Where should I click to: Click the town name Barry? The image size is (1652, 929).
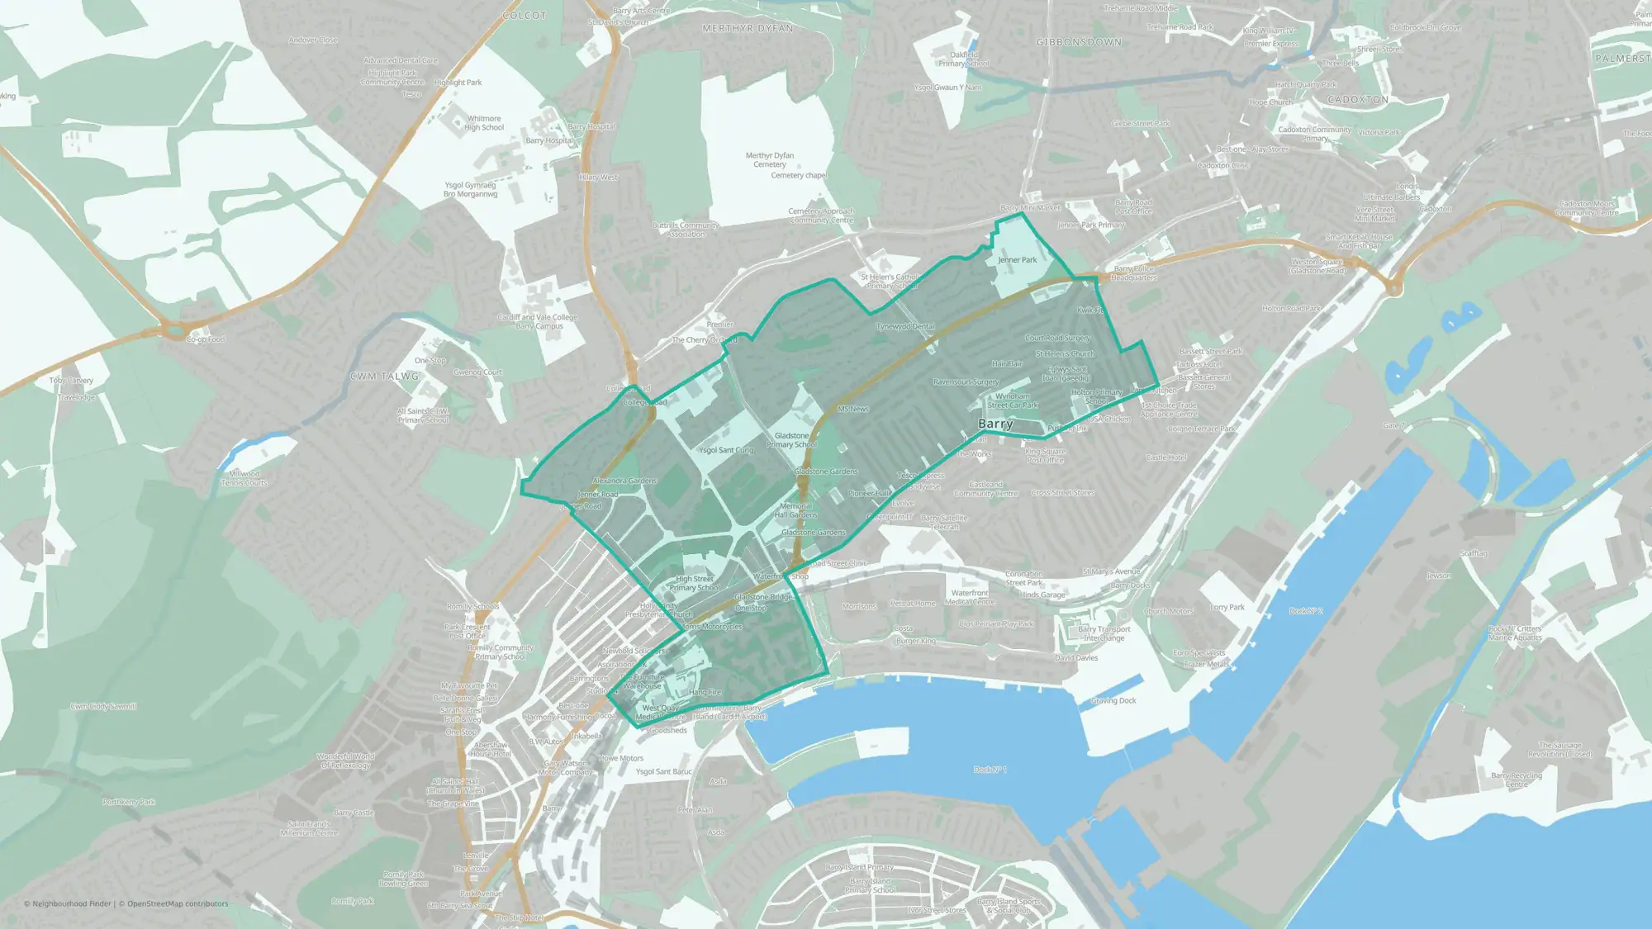[995, 424]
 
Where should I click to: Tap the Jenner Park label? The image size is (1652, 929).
[1017, 260]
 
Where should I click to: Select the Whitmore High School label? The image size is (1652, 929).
[484, 123]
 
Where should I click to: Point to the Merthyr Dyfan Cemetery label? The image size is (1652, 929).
[770, 159]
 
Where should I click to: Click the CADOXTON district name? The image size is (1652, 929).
[1358, 100]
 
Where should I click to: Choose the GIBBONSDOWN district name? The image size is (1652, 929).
[1079, 42]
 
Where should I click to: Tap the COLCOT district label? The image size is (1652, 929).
[525, 16]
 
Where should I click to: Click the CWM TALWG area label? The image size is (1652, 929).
[384, 377]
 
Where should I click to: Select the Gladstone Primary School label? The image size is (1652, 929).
[791, 440]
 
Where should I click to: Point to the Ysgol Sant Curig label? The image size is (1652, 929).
[726, 450]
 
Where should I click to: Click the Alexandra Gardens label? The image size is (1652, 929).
[624, 481]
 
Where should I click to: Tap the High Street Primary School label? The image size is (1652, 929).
[695, 584]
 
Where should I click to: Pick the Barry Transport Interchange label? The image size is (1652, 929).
[1104, 633]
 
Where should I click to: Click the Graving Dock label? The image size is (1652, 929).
[1113, 701]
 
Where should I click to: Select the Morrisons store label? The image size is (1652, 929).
[859, 607]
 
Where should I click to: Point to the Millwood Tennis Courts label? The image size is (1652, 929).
[244, 478]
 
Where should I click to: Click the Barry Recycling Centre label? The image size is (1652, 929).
[1517, 780]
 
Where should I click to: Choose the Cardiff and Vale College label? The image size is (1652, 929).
[537, 321]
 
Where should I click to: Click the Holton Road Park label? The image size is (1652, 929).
[1291, 309]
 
